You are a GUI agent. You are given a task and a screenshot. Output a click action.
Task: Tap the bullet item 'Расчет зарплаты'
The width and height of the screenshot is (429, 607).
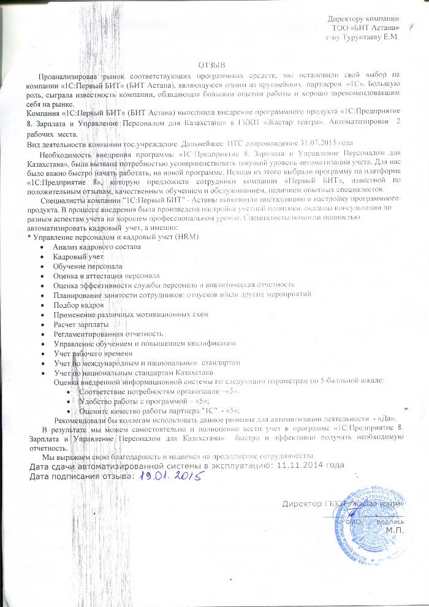point(76,324)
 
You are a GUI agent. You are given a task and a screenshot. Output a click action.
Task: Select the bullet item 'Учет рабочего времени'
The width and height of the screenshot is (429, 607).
point(88,353)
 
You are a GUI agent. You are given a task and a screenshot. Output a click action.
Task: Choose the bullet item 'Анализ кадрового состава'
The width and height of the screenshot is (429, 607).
point(97,246)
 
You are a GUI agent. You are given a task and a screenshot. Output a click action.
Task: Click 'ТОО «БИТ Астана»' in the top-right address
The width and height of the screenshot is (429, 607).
point(365,28)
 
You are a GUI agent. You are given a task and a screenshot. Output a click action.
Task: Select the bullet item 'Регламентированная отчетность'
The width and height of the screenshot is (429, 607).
point(108,334)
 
